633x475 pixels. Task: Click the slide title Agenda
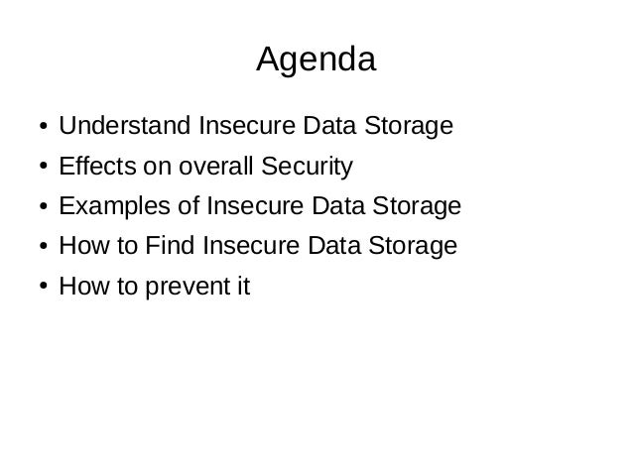click(x=316, y=61)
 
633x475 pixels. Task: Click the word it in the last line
click(x=242, y=288)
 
